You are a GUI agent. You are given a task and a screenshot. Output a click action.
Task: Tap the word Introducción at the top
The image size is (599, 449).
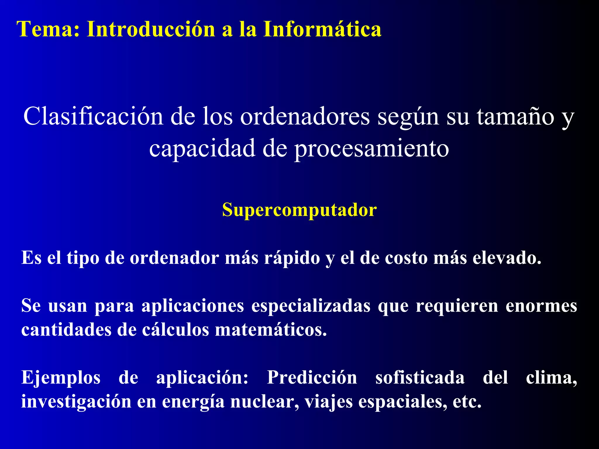[151, 29]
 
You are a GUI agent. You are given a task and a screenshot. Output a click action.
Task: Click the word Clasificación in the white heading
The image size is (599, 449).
[93, 116]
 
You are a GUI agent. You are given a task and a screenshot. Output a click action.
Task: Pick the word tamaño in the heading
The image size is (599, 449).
[515, 116]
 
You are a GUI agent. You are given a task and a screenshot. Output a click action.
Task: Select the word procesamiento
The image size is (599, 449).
[371, 148]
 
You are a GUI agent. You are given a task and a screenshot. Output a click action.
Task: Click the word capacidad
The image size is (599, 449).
[202, 148]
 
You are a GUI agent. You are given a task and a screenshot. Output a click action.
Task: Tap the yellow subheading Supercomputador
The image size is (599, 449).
[299, 210]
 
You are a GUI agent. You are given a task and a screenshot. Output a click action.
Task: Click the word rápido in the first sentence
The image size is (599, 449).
[292, 258]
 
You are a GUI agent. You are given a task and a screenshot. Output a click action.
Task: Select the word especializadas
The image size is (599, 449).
[311, 306]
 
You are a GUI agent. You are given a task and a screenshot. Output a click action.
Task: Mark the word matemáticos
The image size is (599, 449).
[271, 330]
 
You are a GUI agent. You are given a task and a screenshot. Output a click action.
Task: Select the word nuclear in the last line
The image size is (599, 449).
[264, 402]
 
